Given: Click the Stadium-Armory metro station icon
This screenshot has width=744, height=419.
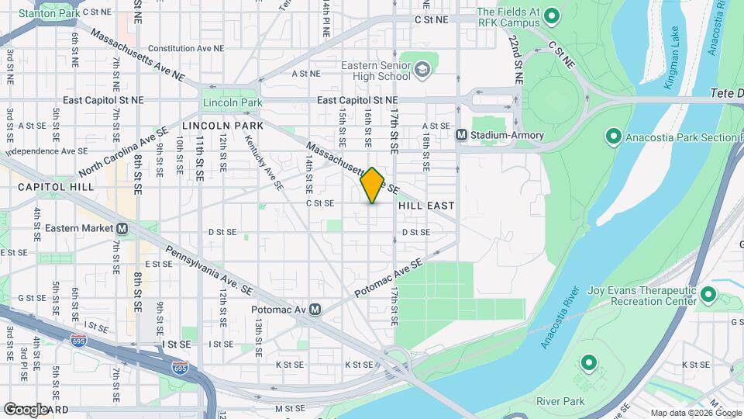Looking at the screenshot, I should (461, 135).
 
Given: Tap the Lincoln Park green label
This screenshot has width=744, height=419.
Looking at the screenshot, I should (232, 102).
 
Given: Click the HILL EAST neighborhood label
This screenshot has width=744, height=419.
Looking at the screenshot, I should (425, 206).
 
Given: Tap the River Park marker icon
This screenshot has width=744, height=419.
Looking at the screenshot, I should (587, 362).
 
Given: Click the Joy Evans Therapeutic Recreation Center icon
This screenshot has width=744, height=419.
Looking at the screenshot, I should (708, 296).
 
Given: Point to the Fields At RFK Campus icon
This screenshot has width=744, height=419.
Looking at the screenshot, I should (552, 16).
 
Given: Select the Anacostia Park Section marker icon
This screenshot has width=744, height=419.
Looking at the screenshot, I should (613, 138).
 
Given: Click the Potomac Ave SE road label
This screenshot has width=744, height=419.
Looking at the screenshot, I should (390, 279).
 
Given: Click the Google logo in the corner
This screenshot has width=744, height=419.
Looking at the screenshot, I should (25, 409).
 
